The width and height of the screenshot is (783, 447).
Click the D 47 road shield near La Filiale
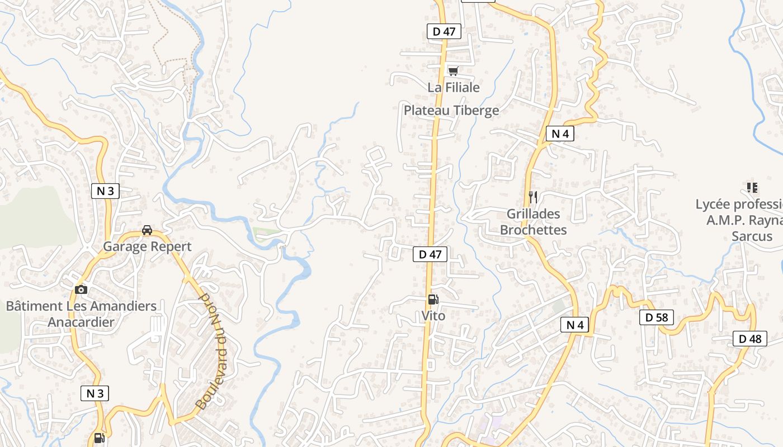pos(444,31)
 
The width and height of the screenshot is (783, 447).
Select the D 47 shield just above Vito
pos(430,254)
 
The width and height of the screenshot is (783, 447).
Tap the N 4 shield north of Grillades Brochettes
pos(560,134)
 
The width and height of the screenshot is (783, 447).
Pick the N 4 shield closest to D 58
pos(574,325)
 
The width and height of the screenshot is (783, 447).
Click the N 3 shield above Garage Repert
pos(105,191)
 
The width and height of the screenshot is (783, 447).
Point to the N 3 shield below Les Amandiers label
pos(95,393)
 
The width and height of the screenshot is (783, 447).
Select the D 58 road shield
pos(657,317)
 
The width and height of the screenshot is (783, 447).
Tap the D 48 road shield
pos(749,339)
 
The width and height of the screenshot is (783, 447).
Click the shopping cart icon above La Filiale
pos(453,71)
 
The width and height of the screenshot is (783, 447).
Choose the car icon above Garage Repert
pos(147,230)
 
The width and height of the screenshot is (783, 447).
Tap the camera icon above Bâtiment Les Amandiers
pos(81,289)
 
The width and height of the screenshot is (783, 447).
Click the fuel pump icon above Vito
pos(433,300)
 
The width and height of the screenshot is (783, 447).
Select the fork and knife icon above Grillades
pos(533,197)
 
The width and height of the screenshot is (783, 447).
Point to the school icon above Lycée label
pos(752,188)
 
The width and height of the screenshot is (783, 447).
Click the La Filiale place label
pos(454,87)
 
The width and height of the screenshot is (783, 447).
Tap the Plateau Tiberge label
pos(451,110)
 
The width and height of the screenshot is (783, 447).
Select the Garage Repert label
pos(147,246)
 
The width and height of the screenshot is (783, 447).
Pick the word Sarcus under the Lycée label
pos(752,236)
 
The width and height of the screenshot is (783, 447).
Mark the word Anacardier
pos(81,322)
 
